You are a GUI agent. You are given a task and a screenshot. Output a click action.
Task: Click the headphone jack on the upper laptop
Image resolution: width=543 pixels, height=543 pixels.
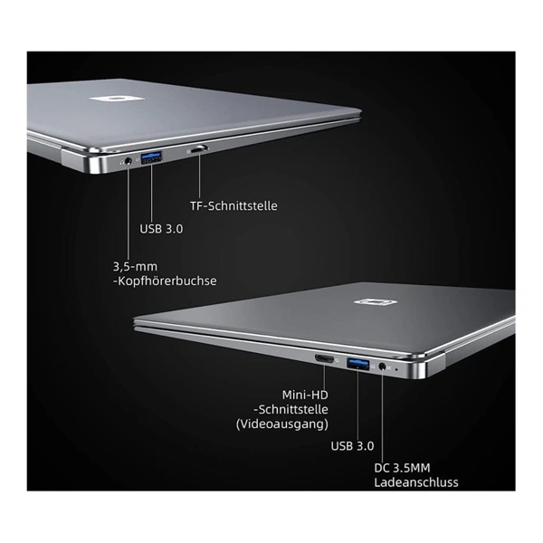click(129, 161)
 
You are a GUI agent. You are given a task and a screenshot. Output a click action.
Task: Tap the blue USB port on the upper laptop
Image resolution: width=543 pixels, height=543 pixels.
click(152, 157)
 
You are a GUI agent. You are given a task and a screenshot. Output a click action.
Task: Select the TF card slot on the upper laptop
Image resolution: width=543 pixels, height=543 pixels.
click(198, 149)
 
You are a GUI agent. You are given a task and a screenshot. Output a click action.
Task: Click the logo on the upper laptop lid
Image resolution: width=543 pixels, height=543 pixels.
click(117, 99)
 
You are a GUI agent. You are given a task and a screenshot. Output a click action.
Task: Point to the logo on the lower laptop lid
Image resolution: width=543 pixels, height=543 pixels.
click(376, 302)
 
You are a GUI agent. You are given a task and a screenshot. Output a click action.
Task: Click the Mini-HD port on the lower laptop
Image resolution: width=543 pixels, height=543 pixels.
click(324, 358)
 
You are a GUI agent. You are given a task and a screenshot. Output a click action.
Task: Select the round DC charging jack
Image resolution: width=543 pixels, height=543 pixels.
click(382, 367)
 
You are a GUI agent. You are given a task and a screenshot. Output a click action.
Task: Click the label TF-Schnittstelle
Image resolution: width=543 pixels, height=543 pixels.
click(233, 205)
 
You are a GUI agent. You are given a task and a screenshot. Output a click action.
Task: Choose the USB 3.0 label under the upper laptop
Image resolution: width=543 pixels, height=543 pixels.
click(161, 229)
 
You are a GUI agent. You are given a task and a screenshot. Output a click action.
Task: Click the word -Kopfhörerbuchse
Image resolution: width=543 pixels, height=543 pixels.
click(165, 281)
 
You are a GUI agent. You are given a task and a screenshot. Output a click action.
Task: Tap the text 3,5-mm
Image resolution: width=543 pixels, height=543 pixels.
click(135, 266)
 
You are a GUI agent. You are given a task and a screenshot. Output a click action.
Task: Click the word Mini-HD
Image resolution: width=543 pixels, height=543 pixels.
click(305, 395)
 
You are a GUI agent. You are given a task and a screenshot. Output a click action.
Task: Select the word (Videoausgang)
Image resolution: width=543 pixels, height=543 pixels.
click(281, 424)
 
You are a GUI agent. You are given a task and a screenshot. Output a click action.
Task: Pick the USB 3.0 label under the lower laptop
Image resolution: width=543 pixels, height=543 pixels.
click(352, 445)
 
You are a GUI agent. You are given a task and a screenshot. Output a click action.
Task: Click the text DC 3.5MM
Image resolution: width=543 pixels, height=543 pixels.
click(402, 468)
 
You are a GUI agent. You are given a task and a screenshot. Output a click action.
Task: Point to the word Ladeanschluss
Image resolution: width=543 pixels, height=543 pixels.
click(416, 482)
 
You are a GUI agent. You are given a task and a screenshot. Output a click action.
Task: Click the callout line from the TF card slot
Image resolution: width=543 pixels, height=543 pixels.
click(199, 176)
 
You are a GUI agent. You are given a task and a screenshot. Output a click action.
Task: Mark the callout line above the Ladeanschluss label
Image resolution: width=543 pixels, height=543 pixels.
click(383, 416)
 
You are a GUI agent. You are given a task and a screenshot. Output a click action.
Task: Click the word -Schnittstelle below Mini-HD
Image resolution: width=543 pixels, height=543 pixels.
click(291, 409)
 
